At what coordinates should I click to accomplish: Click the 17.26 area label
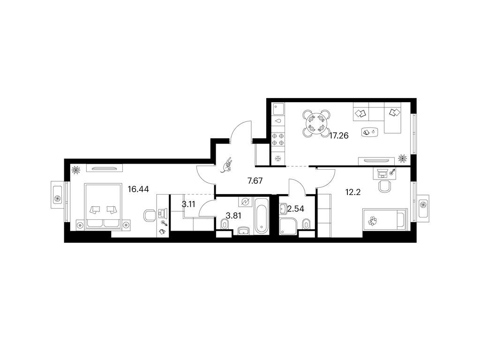(338, 135)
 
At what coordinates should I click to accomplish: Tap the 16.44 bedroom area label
(138, 189)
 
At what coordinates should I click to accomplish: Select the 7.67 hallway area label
(255, 181)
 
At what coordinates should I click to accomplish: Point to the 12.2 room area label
(353, 192)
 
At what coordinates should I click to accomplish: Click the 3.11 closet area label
(188, 204)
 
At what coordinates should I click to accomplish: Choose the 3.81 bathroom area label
(233, 216)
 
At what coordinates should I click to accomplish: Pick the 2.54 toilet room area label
(296, 209)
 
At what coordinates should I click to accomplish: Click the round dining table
(316, 123)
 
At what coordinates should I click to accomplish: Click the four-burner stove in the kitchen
(278, 139)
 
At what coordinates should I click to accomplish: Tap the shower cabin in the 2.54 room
(288, 226)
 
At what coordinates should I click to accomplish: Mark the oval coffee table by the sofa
(369, 132)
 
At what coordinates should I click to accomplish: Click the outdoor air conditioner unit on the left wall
(58, 195)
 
